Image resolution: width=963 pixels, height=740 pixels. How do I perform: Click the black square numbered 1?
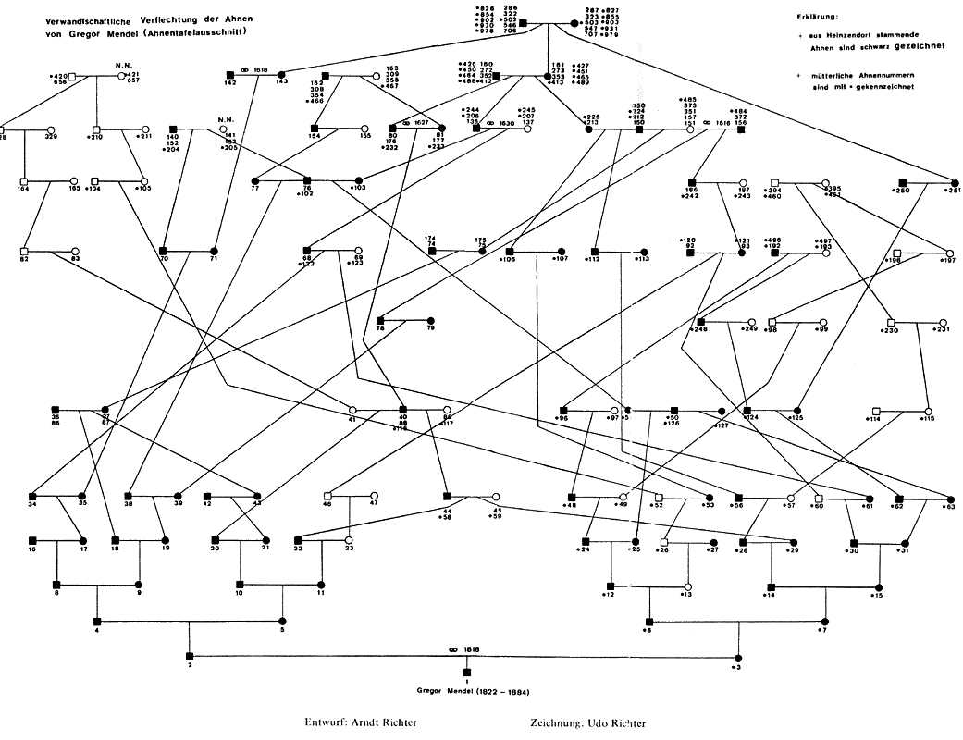tap(467, 672)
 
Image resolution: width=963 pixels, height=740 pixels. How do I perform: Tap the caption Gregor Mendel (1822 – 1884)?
tap(467, 690)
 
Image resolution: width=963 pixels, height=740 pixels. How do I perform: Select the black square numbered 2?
tap(190, 656)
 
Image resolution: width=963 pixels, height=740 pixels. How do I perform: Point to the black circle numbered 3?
tap(737, 656)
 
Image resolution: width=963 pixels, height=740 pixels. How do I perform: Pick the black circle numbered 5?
tap(283, 620)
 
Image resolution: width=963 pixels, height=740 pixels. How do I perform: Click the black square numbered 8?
tap(57, 584)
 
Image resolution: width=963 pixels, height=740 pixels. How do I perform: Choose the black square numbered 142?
tap(229, 73)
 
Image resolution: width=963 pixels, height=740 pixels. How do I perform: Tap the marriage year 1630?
tap(506, 123)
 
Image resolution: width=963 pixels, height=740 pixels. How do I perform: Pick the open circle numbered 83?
tap(74, 251)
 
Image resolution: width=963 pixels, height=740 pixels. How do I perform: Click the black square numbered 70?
tap(163, 251)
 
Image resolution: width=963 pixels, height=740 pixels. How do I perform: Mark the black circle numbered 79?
tap(430, 320)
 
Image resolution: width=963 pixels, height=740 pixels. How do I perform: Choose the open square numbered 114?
tap(875, 410)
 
